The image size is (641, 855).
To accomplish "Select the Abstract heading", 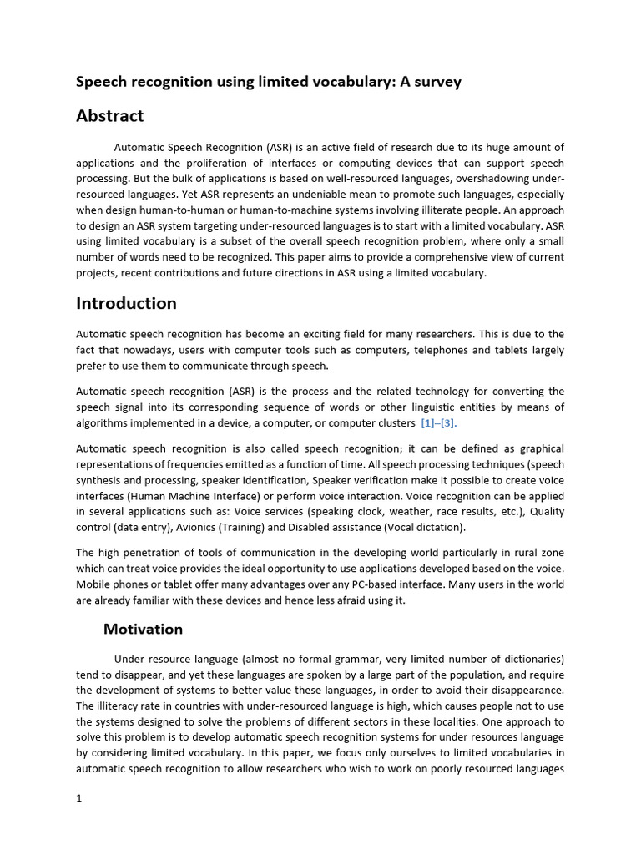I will coord(109,116).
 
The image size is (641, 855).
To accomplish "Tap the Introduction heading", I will coord(126,303).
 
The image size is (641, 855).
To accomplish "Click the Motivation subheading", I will coord(143,629).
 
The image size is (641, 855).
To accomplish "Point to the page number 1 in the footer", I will coord(79,798).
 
